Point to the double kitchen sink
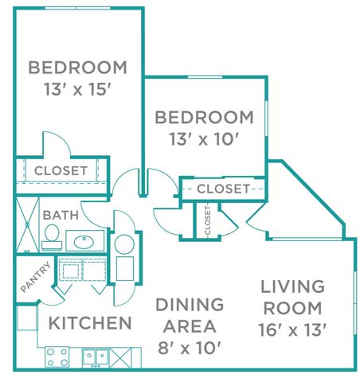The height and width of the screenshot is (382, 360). [x=96, y=355]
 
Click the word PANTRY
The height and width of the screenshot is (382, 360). [x=35, y=279]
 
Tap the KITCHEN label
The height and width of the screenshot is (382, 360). [x=90, y=323]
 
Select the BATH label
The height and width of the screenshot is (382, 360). [x=60, y=215]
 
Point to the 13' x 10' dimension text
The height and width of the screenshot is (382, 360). [x=205, y=140]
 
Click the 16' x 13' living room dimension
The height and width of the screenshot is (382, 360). [x=293, y=328]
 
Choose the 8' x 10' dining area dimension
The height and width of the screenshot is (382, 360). [x=188, y=347]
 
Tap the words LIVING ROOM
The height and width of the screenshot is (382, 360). [x=293, y=296]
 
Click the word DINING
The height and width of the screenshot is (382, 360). [x=189, y=304]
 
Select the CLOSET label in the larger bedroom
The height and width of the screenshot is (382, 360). [x=61, y=170]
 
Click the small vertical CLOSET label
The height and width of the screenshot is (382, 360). [x=207, y=220]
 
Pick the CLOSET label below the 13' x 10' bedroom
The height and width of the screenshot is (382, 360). [x=224, y=189]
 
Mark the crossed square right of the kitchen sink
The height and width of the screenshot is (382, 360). [x=124, y=355]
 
